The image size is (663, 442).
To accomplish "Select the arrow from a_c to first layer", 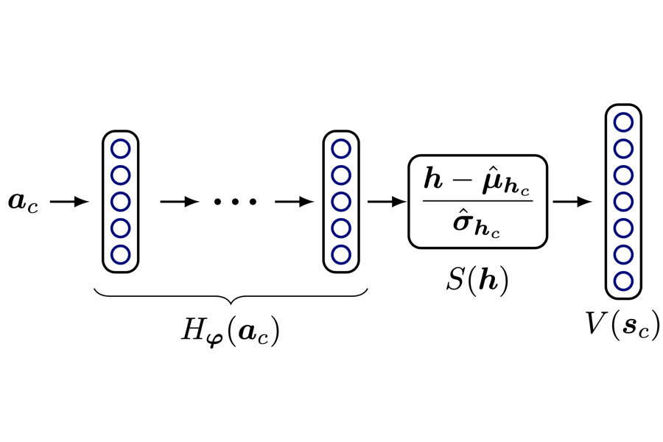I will click(71, 201).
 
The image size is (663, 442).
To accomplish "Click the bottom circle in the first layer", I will click(120, 254).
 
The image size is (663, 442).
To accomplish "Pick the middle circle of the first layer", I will click(120, 201).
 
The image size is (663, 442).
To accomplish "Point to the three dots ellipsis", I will click(235, 201).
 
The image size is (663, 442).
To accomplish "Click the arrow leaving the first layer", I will click(179, 201).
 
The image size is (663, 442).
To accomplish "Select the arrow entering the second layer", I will click(295, 201).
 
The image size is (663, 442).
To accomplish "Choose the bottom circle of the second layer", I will click(340, 254).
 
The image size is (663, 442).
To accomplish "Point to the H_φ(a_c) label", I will click(230, 331).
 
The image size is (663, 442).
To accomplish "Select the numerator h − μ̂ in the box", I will click(477, 180).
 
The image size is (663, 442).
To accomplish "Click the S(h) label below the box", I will click(478, 281).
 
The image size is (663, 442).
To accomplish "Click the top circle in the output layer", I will click(623, 122).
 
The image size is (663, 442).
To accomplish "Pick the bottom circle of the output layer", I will click(623, 281).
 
